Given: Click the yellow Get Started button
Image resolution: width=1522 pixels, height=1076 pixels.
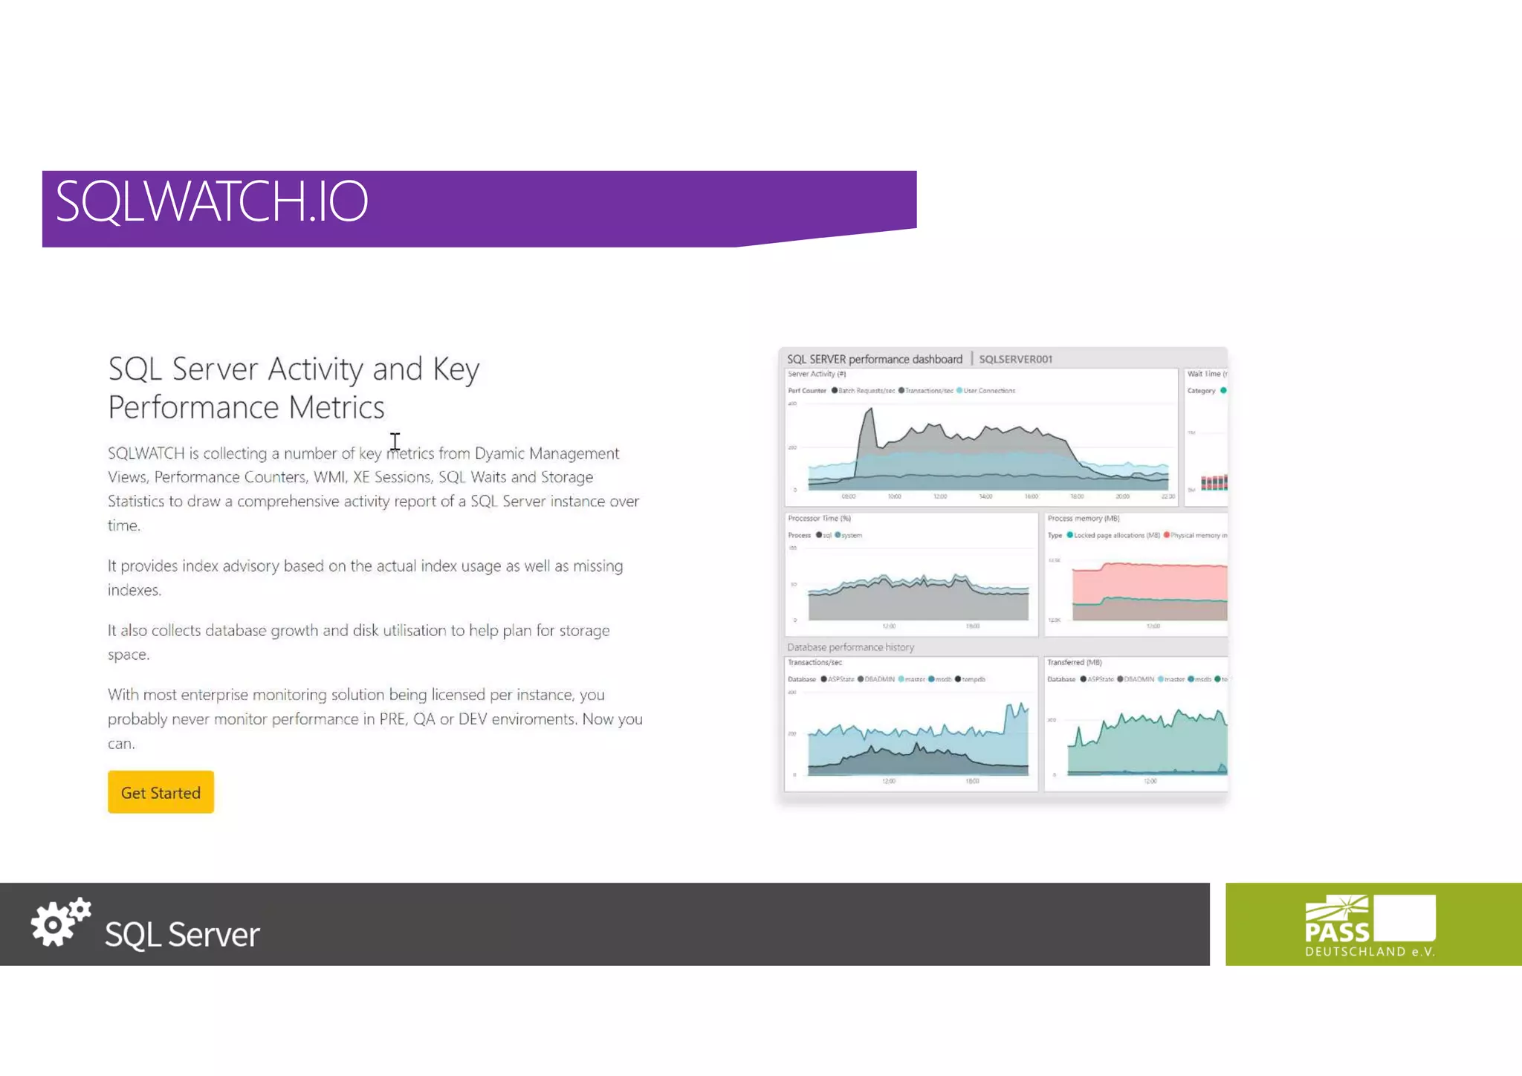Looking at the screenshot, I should pyautogui.click(x=161, y=792).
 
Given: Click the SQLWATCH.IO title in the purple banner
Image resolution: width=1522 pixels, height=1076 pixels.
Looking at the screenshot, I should pyautogui.click(x=212, y=201).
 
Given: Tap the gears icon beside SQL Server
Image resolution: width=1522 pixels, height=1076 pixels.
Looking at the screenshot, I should pyautogui.click(x=60, y=922).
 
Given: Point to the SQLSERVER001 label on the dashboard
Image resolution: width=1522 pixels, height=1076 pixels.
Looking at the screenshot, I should pyautogui.click(x=1015, y=360).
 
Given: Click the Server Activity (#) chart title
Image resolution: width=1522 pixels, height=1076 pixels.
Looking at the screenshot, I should pyautogui.click(x=817, y=375).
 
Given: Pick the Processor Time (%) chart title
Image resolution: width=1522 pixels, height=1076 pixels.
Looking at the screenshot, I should pyautogui.click(x=819, y=519).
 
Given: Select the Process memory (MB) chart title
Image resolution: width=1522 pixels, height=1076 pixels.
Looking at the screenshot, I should pyautogui.click(x=1083, y=519).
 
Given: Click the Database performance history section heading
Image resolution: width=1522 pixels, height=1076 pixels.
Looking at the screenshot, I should pyautogui.click(x=850, y=647).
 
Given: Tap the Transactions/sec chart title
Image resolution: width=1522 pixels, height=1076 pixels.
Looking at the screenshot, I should pyautogui.click(x=815, y=663).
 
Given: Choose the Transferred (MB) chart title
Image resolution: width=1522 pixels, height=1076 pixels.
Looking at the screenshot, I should pyautogui.click(x=1074, y=663).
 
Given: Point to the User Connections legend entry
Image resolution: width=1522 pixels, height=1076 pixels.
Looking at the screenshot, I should pyautogui.click(x=988, y=391).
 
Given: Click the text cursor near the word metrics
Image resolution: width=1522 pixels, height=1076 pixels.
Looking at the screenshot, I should pyautogui.click(x=395, y=441).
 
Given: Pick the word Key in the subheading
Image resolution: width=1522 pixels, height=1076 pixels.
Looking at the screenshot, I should pyautogui.click(x=456, y=369).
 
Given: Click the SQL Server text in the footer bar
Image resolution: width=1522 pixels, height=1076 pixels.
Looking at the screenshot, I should pyautogui.click(x=182, y=934).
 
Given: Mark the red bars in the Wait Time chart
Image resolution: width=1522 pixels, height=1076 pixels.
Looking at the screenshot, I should pyautogui.click(x=1214, y=483).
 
